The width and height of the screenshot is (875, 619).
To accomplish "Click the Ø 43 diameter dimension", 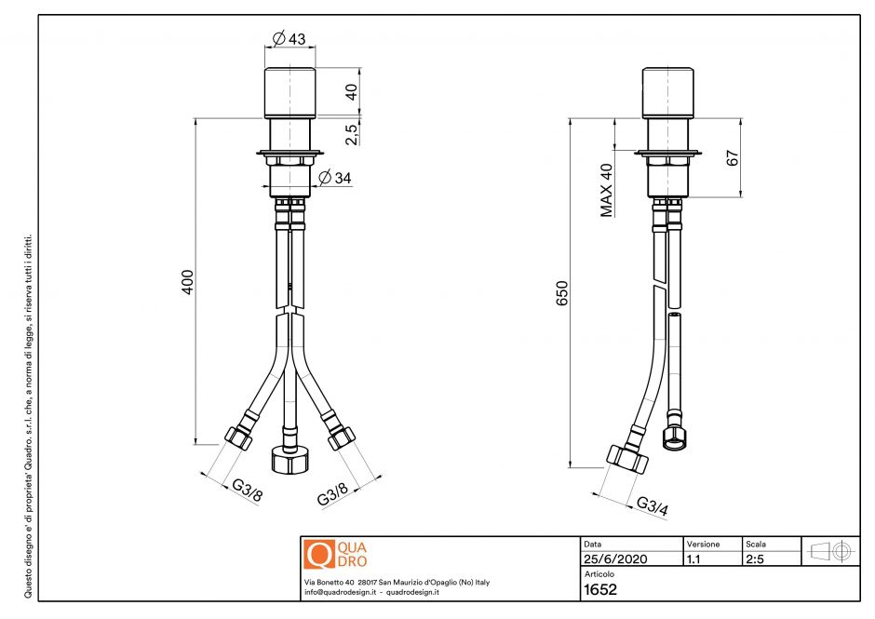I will click(289, 39).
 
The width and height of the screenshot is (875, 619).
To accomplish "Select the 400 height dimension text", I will click(187, 282).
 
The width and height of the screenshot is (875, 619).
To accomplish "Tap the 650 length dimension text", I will click(561, 293).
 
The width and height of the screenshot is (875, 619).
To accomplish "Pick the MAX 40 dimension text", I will click(607, 190).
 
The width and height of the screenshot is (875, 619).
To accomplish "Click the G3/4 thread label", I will click(653, 506).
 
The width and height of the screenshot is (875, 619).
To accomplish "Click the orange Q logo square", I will click(318, 554).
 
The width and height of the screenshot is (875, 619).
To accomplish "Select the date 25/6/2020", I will click(615, 559).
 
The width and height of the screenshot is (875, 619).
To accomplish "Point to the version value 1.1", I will click(693, 559).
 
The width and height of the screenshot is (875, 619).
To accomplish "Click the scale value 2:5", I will click(756, 559).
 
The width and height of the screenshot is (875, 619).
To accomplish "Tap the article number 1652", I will click(599, 589).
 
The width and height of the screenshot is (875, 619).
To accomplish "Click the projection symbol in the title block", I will click(832, 551).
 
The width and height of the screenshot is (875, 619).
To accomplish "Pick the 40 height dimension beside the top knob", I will click(351, 91).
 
